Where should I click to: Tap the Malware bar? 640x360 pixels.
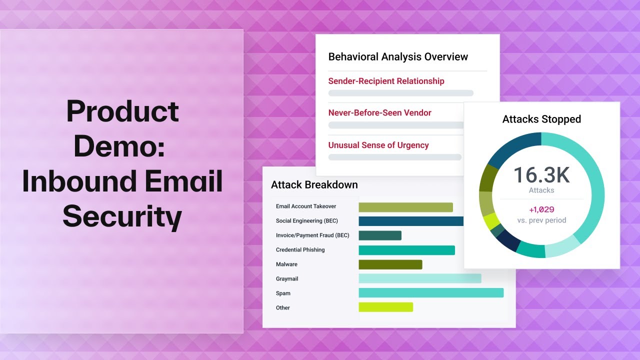pyautogui.click(x=390, y=264)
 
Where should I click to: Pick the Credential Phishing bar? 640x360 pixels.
pyautogui.click(x=406, y=250)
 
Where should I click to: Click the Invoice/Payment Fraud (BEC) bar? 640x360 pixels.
pyautogui.click(x=380, y=235)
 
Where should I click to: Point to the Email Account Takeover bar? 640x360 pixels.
pyautogui.click(x=405, y=207)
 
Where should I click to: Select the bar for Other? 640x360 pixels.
pyautogui.click(x=386, y=307)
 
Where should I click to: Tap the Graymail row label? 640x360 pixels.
pyautogui.click(x=287, y=279)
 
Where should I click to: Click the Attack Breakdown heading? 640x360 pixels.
pyautogui.click(x=314, y=185)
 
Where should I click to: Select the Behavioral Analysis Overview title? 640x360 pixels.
pyautogui.click(x=398, y=57)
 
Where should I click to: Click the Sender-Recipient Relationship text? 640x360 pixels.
pyautogui.click(x=386, y=81)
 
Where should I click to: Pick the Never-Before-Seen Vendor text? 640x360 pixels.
pyautogui.click(x=379, y=113)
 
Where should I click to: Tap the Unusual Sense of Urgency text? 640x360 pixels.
pyautogui.click(x=378, y=145)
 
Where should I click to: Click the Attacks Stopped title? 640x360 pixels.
pyautogui.click(x=541, y=119)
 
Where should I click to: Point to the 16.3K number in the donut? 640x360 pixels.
pyautogui.click(x=541, y=175)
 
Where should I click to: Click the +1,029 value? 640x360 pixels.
pyautogui.click(x=541, y=210)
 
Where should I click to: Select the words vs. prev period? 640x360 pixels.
pyautogui.click(x=541, y=220)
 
